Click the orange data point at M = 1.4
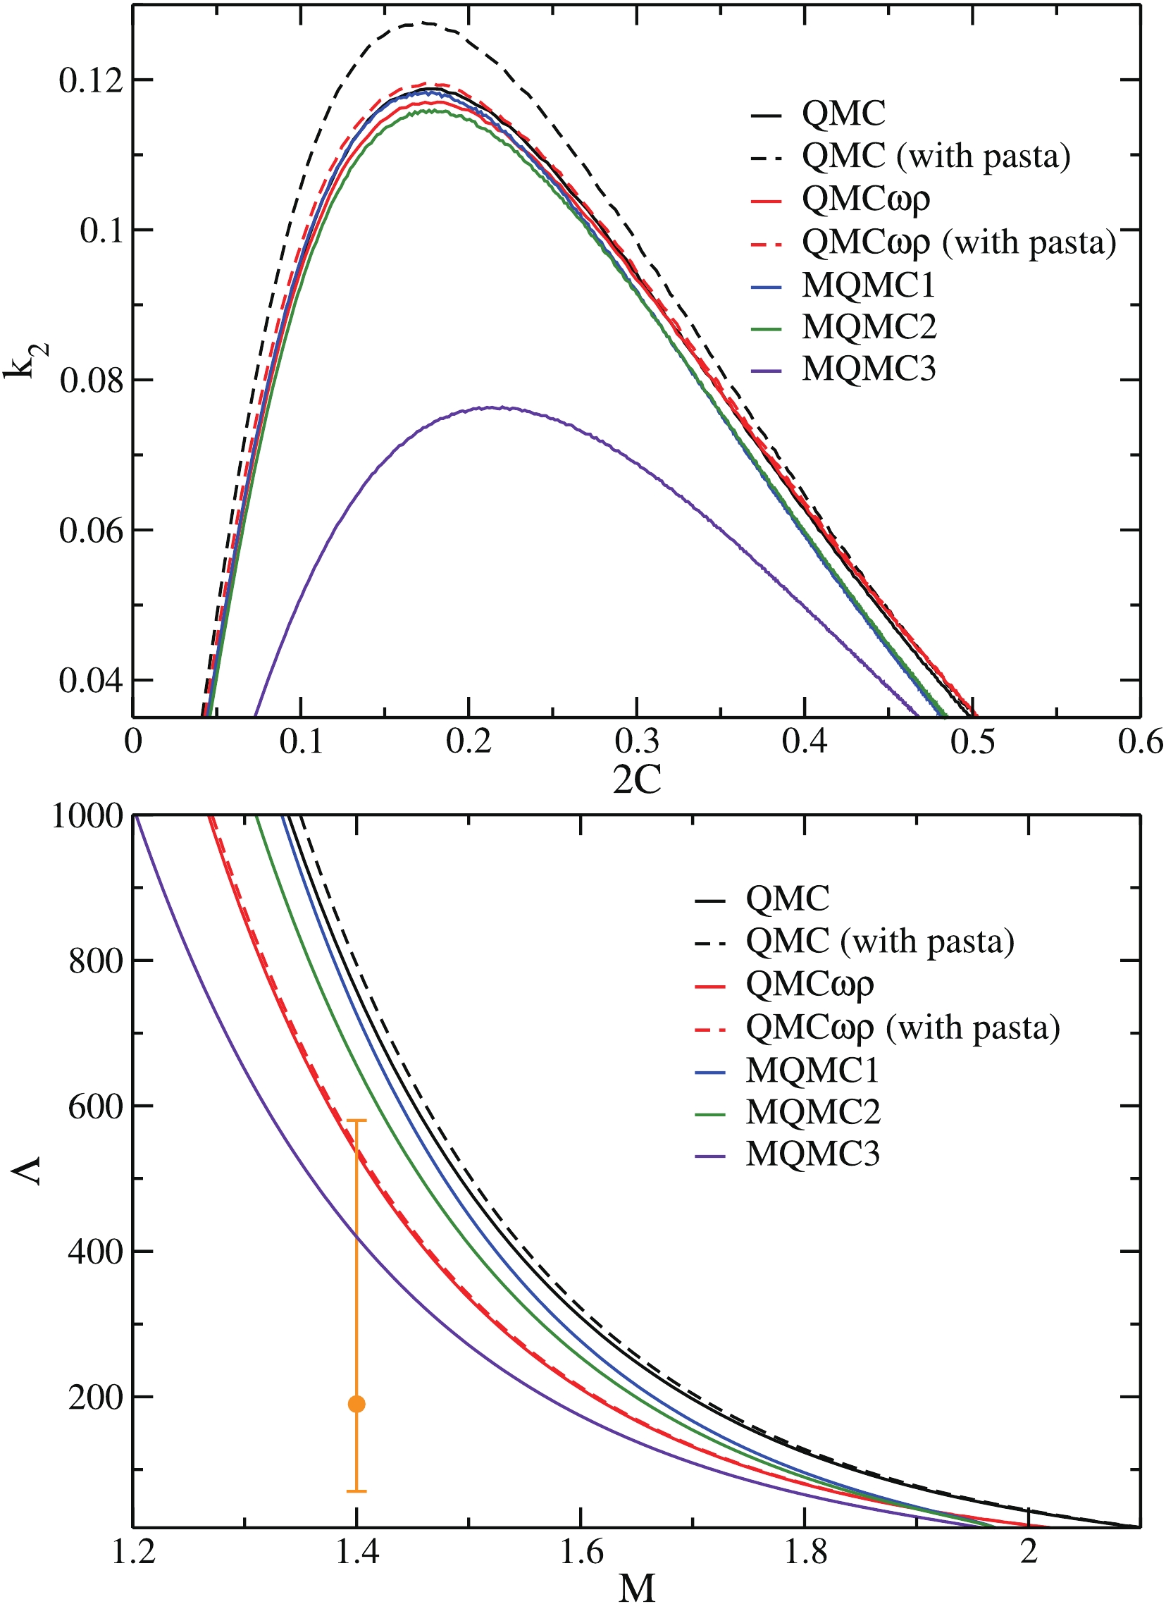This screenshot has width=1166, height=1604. coord(357,1404)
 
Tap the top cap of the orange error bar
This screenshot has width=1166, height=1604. coord(357,1121)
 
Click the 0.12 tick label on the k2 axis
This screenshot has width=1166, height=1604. coord(91,80)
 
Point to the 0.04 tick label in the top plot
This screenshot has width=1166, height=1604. coord(91,680)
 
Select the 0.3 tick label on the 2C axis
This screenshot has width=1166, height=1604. coord(637,741)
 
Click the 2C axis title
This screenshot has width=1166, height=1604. coord(637,780)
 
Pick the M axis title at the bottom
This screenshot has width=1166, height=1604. coord(637,1587)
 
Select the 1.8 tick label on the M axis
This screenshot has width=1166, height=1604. coord(805,1552)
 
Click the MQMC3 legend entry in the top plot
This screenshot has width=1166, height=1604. coord(868,369)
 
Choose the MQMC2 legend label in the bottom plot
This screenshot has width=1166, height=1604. coord(813,1113)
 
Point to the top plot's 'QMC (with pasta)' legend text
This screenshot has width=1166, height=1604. coord(936,156)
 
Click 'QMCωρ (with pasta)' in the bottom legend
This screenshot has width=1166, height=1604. coord(903,1027)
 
